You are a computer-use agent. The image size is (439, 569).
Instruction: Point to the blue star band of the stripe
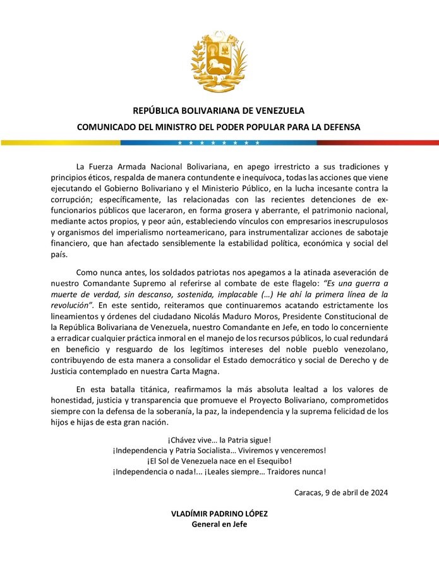click(x=219, y=143)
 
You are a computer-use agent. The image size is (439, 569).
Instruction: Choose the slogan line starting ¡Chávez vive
click(x=219, y=439)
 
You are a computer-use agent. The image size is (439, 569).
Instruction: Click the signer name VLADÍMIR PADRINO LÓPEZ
click(x=219, y=513)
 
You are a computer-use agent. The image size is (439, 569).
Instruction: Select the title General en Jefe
click(x=219, y=524)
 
